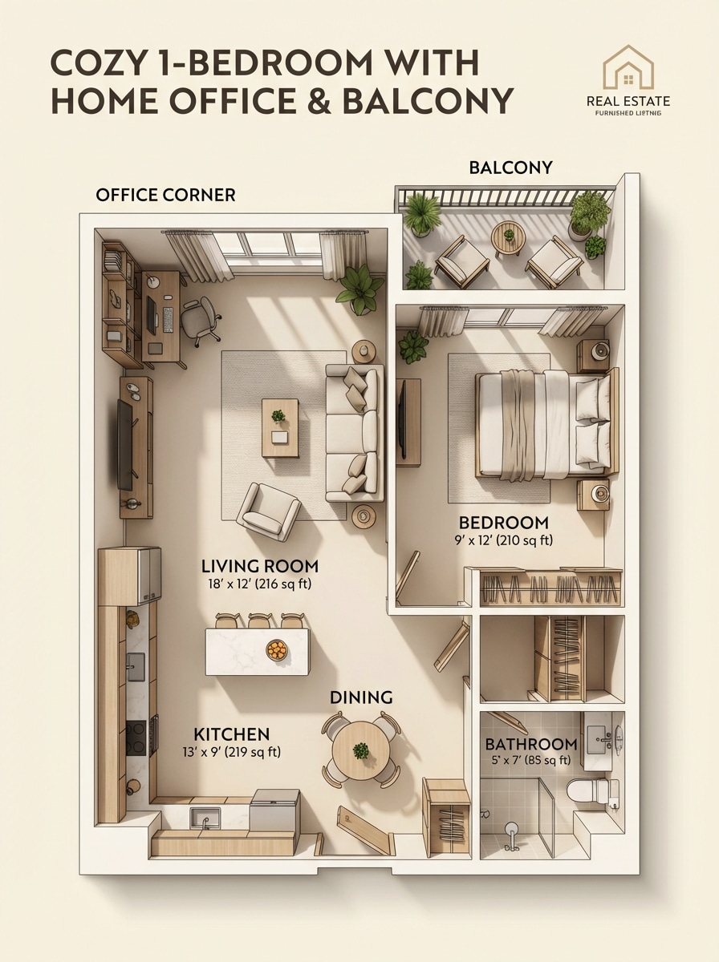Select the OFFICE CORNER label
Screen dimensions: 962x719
(165, 195)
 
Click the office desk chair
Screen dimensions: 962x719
(199, 318)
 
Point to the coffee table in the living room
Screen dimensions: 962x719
(279, 427)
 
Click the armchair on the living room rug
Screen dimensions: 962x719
(268, 511)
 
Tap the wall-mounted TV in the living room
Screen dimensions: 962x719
(125, 444)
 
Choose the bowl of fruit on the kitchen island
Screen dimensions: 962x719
(277, 649)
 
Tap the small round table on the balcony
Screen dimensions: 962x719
(507, 236)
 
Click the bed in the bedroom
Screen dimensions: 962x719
(546, 423)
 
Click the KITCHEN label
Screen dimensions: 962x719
(232, 734)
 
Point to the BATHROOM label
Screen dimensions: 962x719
(530, 744)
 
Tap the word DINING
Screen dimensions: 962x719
(361, 697)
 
